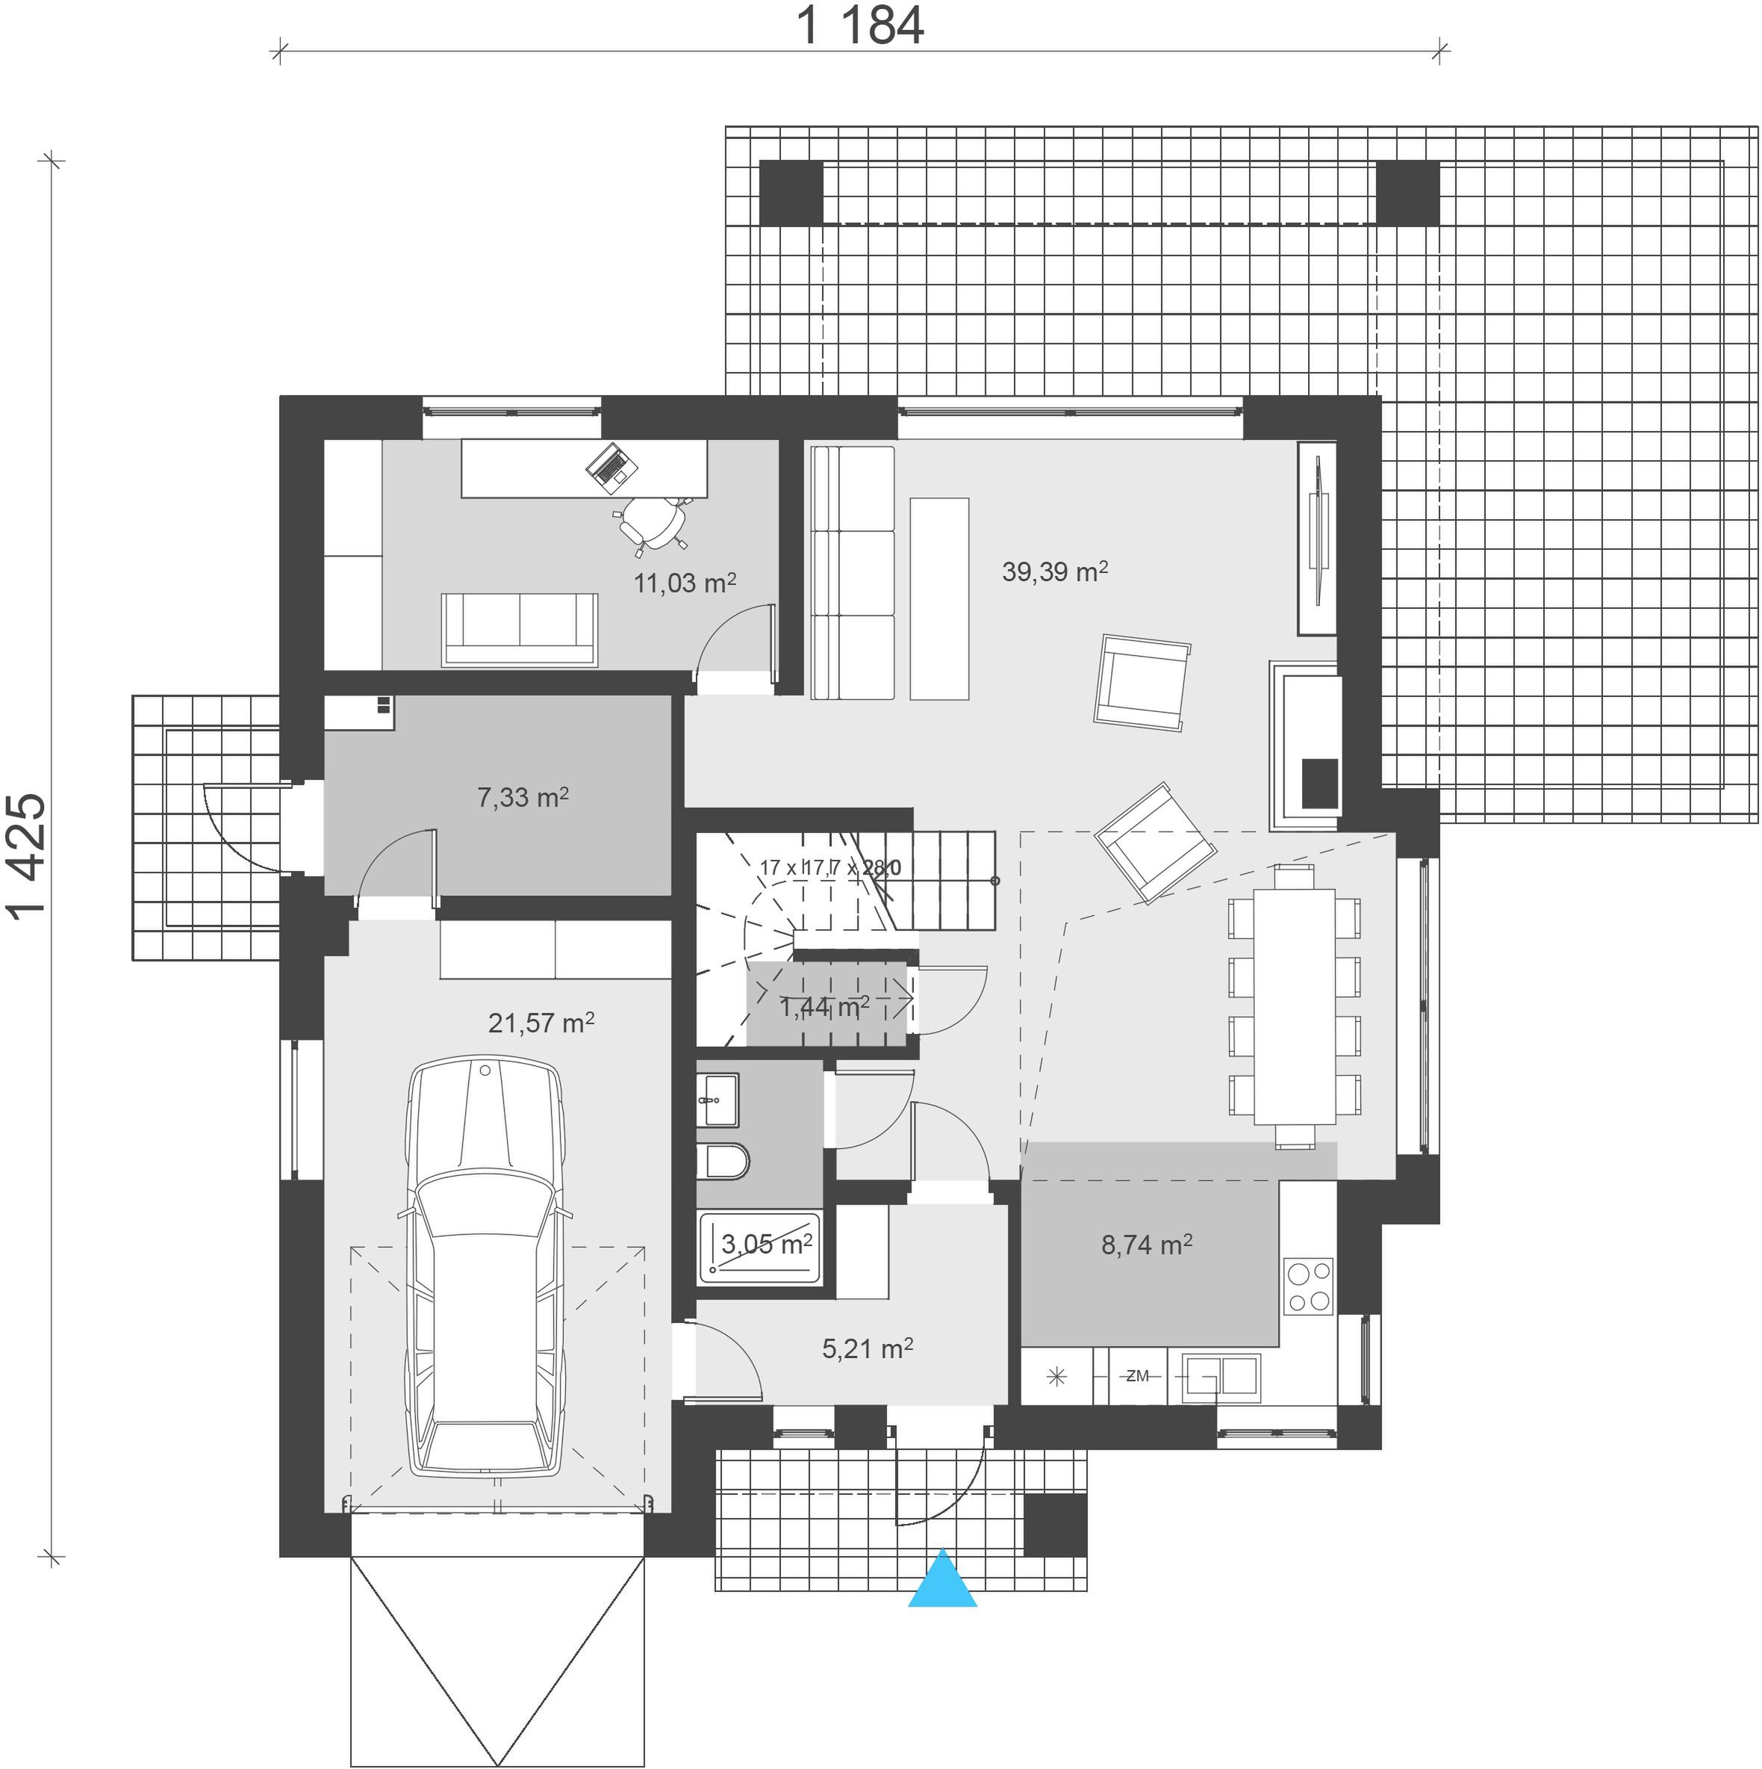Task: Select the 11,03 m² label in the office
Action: tap(685, 583)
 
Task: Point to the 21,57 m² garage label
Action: tap(541, 1022)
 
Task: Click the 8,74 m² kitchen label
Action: tap(1146, 1245)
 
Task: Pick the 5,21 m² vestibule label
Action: tap(867, 1348)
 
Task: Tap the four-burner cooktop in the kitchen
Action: tap(1308, 1287)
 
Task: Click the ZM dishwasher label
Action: tap(1137, 1376)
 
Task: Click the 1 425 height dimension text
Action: tap(25, 855)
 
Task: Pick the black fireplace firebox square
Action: tap(1320, 783)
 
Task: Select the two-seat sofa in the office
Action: tap(519, 629)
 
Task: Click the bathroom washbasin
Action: tap(717, 1100)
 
